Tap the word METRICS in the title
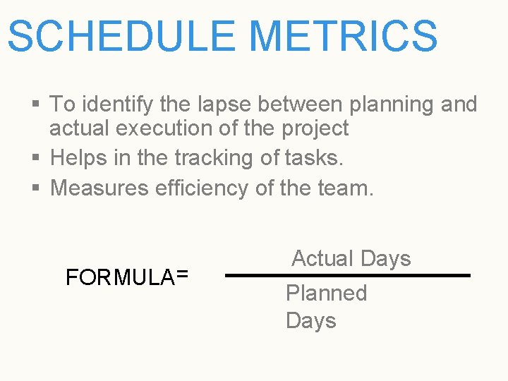pos(343,36)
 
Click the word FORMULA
pos(119,277)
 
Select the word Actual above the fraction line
pos(322,258)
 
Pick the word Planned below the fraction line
pos(327,293)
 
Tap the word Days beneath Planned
pos(310,321)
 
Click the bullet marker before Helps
pos(37,159)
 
